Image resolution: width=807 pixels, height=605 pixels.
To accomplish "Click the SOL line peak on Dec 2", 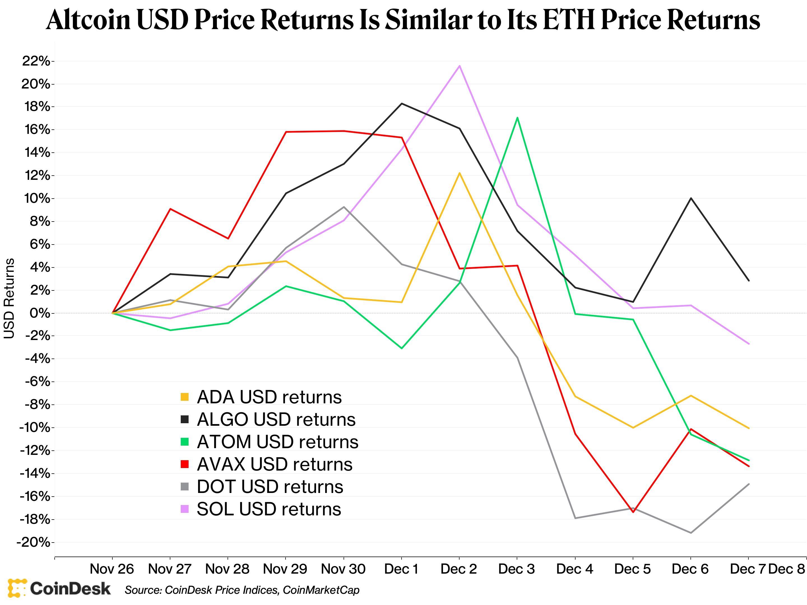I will (x=459, y=66).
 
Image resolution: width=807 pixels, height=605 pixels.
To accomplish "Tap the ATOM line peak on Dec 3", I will (x=517, y=118).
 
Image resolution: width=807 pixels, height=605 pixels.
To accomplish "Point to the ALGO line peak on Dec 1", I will (x=402, y=104).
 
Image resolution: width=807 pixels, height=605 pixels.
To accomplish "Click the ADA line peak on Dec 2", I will (x=459, y=173).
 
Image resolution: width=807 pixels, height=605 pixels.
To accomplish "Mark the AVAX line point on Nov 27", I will (x=170, y=209).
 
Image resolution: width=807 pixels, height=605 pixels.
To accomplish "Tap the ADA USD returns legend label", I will (x=269, y=397).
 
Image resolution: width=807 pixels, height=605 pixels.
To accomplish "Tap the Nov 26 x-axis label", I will (x=112, y=569).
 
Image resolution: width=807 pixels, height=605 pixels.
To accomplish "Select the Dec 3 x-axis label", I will (x=517, y=569).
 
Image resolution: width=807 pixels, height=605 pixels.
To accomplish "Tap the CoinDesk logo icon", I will (x=17, y=588).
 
